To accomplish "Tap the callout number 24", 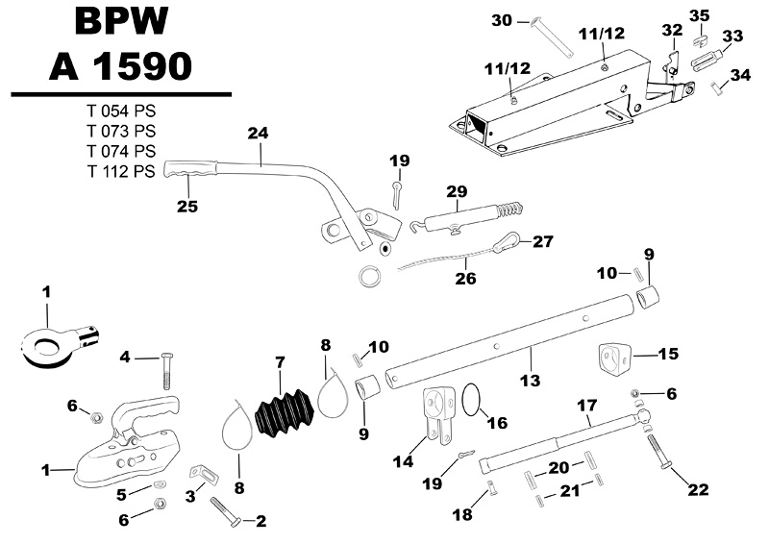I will tap(257, 134).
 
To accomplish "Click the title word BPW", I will tap(121, 24).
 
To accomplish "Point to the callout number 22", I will tap(698, 490).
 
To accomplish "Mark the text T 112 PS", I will tap(120, 172).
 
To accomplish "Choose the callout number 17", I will tap(585, 407).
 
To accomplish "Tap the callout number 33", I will tap(732, 36).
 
